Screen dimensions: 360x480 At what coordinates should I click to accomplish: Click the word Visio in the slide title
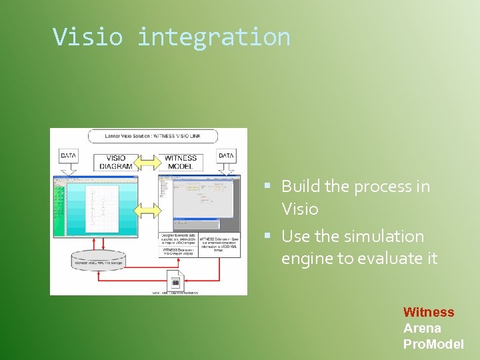pos(88,37)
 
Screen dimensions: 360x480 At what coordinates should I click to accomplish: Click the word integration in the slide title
pos(213,37)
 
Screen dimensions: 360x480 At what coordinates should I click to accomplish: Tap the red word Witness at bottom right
pos(428,312)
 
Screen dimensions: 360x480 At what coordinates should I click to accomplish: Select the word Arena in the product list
pos(422,328)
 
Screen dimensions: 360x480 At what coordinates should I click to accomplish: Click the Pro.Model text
pos(433,344)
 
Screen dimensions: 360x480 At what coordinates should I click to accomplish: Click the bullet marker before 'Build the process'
pos(267,187)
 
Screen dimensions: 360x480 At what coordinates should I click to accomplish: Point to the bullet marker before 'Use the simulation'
pos(267,237)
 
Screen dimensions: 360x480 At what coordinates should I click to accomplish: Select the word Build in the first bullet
pos(301,187)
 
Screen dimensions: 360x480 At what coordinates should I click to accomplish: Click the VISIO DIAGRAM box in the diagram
pos(115,163)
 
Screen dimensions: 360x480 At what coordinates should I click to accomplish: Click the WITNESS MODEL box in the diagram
pos(180,163)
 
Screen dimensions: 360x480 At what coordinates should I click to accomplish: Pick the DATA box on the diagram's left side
pos(69,155)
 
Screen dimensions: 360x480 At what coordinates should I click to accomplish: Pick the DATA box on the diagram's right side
pos(227,155)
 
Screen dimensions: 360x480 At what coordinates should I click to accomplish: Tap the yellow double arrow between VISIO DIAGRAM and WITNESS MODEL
pos(148,162)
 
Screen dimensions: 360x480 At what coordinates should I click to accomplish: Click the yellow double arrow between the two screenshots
pos(148,211)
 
